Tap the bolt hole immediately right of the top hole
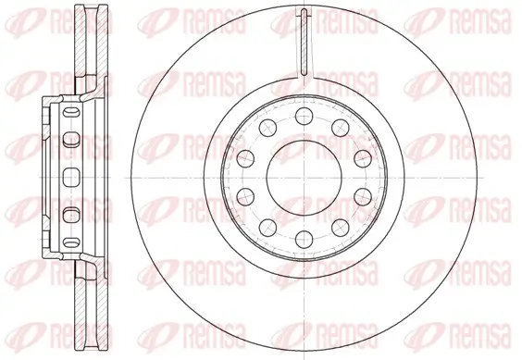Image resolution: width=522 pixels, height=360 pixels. [x=337, y=126]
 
